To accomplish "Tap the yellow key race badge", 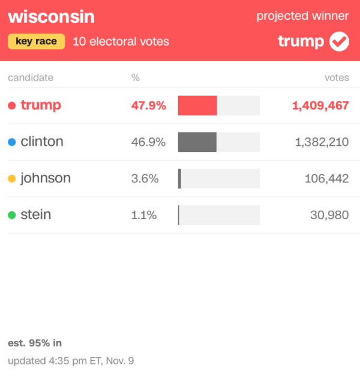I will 37,41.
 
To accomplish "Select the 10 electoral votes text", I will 121,41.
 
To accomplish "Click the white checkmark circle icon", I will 339,41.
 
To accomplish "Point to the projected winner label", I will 302,16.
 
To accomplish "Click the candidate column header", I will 31,77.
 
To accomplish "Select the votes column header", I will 337,77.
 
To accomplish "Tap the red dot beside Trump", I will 12,106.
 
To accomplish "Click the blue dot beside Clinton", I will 12,142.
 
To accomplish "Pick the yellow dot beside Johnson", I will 12,179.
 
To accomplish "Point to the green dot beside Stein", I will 12,215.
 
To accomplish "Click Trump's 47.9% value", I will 148,106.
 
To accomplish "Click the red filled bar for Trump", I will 197,106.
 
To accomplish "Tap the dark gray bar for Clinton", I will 197,142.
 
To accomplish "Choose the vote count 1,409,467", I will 320,106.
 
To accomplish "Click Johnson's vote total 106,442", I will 326,178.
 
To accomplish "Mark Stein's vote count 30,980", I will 329,215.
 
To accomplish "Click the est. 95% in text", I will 35,343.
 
